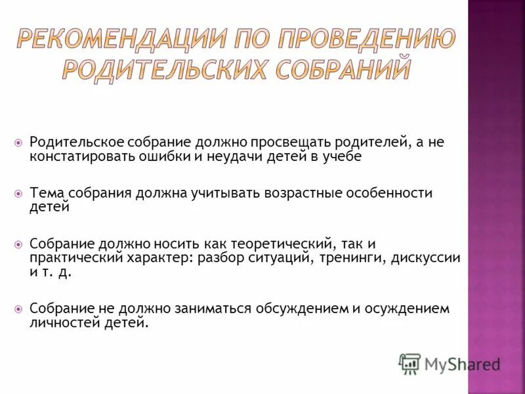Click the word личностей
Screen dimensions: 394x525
coord(62,323)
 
